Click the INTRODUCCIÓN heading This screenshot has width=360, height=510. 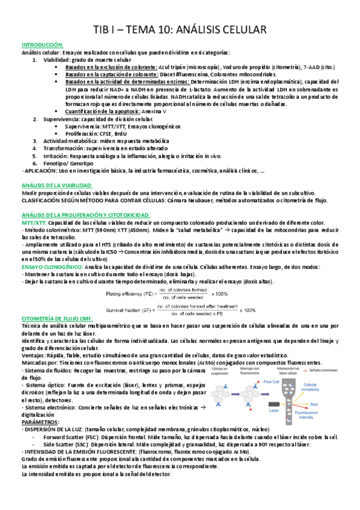(x=42, y=45)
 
